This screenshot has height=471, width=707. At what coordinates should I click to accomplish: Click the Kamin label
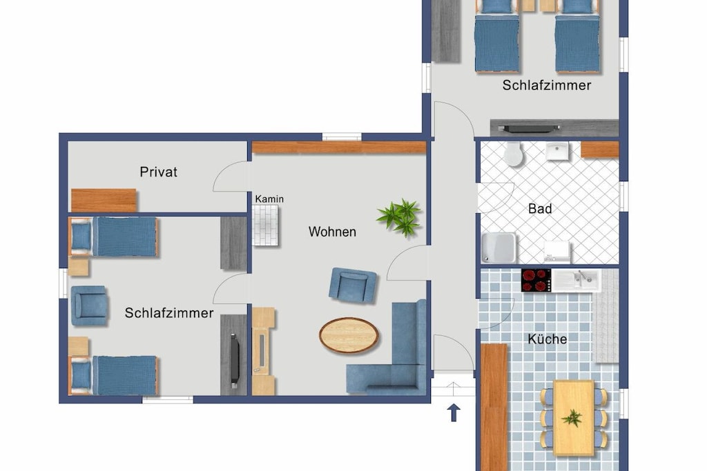pyautogui.click(x=269, y=199)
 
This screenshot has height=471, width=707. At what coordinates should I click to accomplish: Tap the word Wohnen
pyautogui.click(x=332, y=232)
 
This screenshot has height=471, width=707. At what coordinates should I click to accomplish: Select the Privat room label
pyautogui.click(x=158, y=172)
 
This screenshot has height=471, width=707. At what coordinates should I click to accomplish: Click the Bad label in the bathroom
pyautogui.click(x=540, y=209)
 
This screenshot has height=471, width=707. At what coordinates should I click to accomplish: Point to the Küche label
pyautogui.click(x=548, y=339)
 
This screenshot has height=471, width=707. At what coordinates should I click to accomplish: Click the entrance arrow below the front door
pyautogui.click(x=454, y=412)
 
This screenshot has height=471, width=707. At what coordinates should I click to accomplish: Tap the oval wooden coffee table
pyautogui.click(x=349, y=335)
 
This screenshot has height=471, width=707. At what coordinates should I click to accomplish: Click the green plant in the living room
pyautogui.click(x=400, y=217)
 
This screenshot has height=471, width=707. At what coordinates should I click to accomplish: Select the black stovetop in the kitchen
pyautogui.click(x=536, y=280)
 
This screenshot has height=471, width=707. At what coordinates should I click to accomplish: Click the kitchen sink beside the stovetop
pyautogui.click(x=576, y=280)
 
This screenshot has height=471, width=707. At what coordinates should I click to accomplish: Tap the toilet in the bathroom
pyautogui.click(x=513, y=154)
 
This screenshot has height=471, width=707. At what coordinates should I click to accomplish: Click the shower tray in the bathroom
pyautogui.click(x=498, y=248)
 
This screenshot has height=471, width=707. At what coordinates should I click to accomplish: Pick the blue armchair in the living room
pyautogui.click(x=353, y=285)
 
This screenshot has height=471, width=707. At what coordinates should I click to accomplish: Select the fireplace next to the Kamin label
pyautogui.click(x=266, y=225)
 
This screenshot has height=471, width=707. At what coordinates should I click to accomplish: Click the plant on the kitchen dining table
pyautogui.click(x=572, y=418)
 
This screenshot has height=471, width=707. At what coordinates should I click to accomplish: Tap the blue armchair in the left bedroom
pyautogui.click(x=89, y=305)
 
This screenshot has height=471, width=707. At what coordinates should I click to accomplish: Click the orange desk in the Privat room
pyautogui.click(x=104, y=201)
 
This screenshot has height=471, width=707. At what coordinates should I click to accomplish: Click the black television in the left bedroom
pyautogui.click(x=235, y=360)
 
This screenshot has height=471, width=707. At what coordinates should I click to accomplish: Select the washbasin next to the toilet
pyautogui.click(x=557, y=151)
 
